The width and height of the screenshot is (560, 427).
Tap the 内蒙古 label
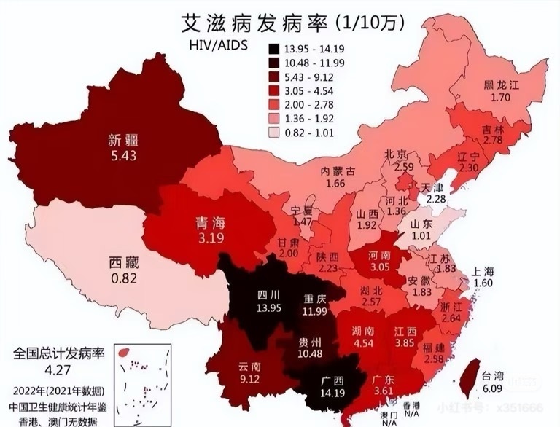tap(338, 172)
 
